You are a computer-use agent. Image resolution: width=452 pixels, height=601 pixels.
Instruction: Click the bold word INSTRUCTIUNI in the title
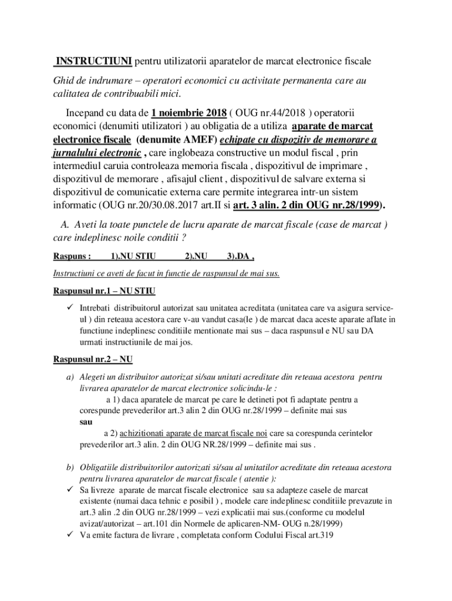93,61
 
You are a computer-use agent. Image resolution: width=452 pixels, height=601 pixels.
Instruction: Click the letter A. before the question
65,225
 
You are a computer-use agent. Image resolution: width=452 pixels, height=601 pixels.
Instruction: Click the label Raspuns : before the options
72,256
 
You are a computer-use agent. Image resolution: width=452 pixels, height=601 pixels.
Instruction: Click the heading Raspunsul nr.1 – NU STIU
104,291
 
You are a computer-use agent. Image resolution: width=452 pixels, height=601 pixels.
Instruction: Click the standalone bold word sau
86,422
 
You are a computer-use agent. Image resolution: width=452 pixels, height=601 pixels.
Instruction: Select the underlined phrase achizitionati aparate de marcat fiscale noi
193,433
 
